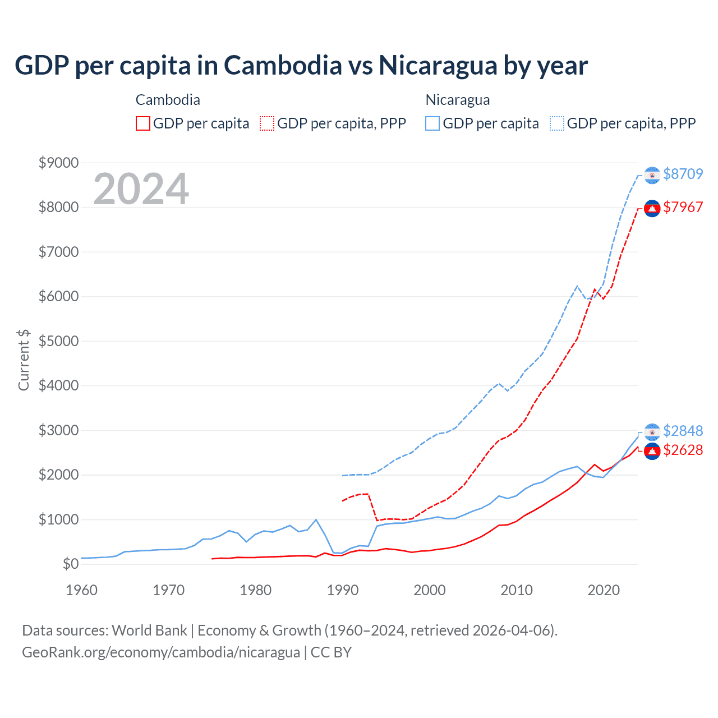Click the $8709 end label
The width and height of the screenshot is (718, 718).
tap(683, 174)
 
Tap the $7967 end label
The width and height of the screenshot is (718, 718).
tap(683, 207)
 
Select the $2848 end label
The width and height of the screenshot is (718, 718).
tap(683, 431)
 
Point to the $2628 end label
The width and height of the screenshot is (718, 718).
tap(683, 450)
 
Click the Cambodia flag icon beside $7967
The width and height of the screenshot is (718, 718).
tap(652, 209)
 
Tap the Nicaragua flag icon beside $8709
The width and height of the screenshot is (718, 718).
tap(652, 175)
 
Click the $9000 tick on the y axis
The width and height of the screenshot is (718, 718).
tap(58, 163)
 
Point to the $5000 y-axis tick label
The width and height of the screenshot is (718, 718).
tap(58, 341)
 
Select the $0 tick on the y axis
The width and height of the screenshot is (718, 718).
tap(70, 564)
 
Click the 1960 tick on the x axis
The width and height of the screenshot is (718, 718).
tap(82, 590)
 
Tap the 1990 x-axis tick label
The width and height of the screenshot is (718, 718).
tap(343, 590)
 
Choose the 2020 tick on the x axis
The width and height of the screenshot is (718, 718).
tap(604, 590)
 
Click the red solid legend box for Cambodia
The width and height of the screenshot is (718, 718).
tap(143, 123)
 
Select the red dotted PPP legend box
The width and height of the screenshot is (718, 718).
tap(268, 123)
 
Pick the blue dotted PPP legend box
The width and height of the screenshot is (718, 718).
tap(557, 123)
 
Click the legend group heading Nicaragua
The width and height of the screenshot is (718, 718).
tap(458, 100)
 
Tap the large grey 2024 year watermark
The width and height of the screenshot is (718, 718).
tap(141, 189)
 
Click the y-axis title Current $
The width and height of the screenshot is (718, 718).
tap(24, 360)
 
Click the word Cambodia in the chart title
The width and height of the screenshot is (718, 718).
tap(283, 65)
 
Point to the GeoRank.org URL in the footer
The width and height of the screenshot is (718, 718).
tap(161, 652)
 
